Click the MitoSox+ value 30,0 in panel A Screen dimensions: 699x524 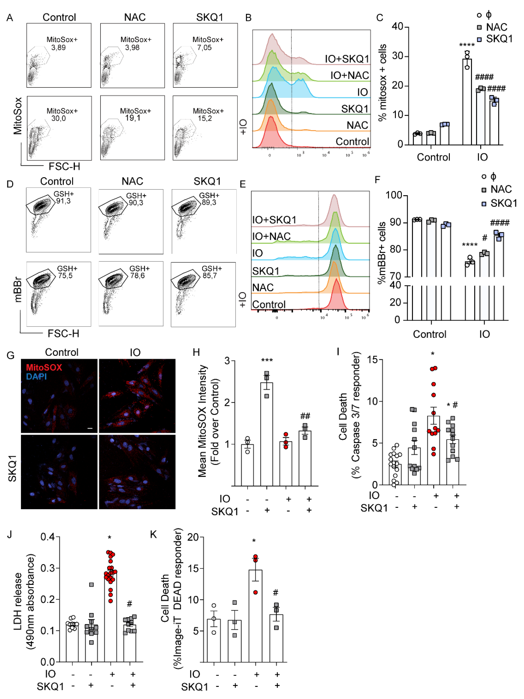(58, 118)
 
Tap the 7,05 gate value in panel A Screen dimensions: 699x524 (204, 48)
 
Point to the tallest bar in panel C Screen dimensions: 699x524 (467, 101)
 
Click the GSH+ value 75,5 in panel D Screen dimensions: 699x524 (65, 276)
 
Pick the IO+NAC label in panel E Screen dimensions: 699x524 (271, 236)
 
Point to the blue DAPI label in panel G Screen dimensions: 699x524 (36, 376)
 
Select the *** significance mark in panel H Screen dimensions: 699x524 (267, 360)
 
